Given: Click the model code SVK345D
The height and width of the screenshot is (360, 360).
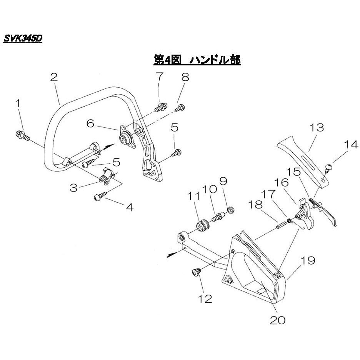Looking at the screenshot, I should pos(22,39).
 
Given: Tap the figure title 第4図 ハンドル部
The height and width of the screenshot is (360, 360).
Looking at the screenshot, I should pos(197,60).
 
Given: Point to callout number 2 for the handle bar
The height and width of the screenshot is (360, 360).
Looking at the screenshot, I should pos(54,77).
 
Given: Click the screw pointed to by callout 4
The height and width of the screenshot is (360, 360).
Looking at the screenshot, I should pos(98,197).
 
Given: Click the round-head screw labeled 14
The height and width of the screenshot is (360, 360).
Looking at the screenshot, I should pos(328,167).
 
